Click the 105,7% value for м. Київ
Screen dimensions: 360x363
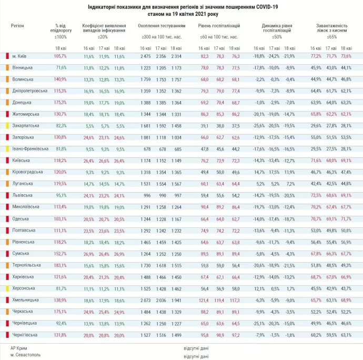[60, 56]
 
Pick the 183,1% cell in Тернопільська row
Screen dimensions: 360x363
[60, 265]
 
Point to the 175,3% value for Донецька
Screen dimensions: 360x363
[60, 102]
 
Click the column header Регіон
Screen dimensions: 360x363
[17, 25]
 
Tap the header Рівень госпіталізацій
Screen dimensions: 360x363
[219, 25]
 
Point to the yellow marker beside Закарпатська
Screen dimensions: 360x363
[7, 126]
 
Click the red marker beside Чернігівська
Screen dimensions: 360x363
[7, 335]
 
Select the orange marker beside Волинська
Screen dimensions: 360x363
[7, 79]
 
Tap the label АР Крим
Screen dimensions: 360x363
[19, 348]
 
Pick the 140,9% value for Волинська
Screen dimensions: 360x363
[60, 79]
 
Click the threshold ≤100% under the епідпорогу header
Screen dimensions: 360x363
[60, 37]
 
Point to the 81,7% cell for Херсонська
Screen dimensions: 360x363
[60, 288]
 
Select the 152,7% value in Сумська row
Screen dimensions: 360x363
[60, 253]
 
